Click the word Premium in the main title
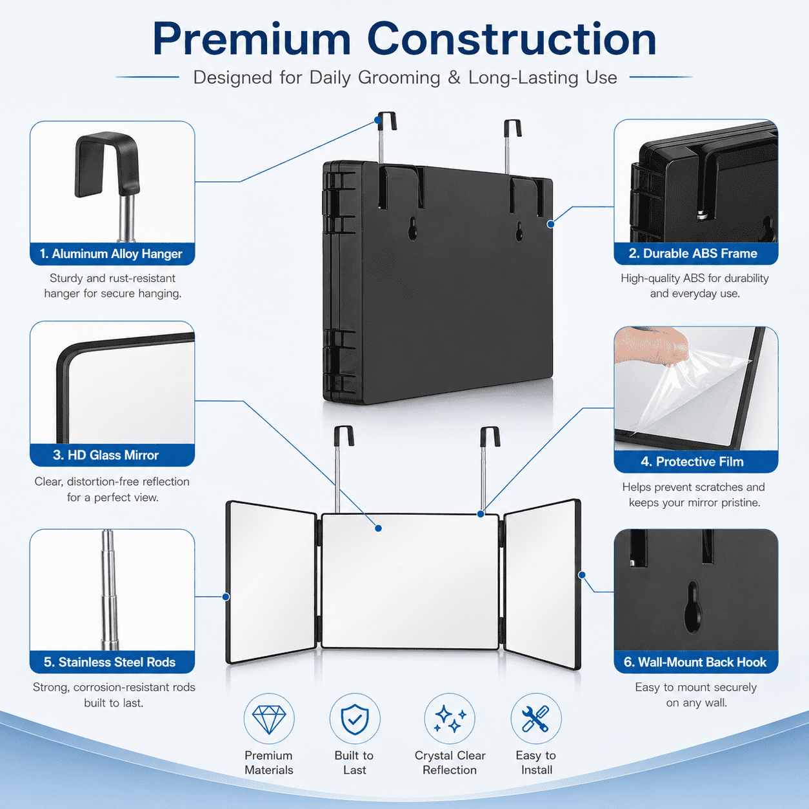coord(252,40)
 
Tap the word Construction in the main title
coord(512,39)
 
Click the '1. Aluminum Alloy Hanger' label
coord(111,254)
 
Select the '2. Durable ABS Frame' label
coord(693,253)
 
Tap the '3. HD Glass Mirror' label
coord(106,455)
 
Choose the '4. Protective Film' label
coord(692,461)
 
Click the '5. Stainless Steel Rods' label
coord(110,662)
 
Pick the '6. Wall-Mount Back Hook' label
coord(695,662)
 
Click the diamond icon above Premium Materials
coord(269,719)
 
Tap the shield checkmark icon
coord(355,719)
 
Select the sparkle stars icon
coord(450,719)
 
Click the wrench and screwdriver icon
coord(535,719)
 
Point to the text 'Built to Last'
coord(354,763)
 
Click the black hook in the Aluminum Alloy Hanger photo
coord(106,164)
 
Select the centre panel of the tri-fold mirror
coord(410,581)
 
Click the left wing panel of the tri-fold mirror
coord(271,582)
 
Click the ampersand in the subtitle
coord(454,77)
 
